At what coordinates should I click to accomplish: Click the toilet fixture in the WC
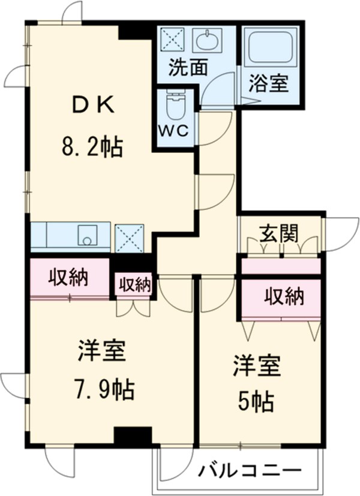click(x=175, y=106)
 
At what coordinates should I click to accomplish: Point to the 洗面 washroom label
click(x=187, y=68)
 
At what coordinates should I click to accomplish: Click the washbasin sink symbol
click(x=206, y=41)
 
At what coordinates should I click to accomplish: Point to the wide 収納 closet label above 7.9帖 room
click(x=68, y=277)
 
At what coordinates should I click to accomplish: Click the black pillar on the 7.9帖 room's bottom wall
click(x=133, y=436)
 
